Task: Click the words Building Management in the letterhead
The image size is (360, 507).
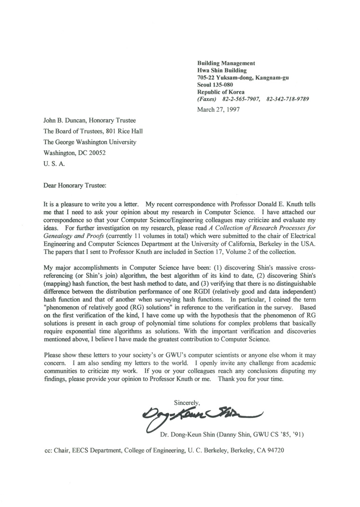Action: pos(226,63)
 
